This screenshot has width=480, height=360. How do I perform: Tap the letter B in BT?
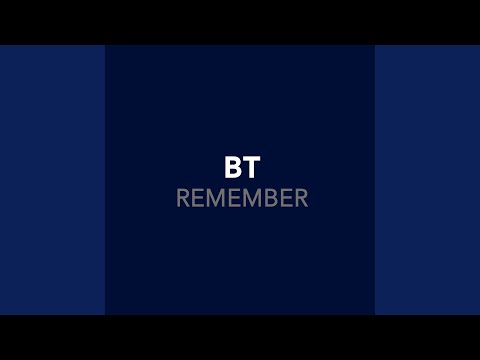coord(233,167)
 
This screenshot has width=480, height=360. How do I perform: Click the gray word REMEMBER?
coord(242,198)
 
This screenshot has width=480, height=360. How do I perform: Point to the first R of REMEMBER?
coord(183,198)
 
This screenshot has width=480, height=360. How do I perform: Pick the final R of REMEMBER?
coord(301,198)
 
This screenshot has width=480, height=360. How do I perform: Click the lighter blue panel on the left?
coord(52,180)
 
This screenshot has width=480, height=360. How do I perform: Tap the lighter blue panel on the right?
coord(427,180)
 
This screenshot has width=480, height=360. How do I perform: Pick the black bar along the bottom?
coord(240,337)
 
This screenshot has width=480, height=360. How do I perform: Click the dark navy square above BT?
coord(240,100)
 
